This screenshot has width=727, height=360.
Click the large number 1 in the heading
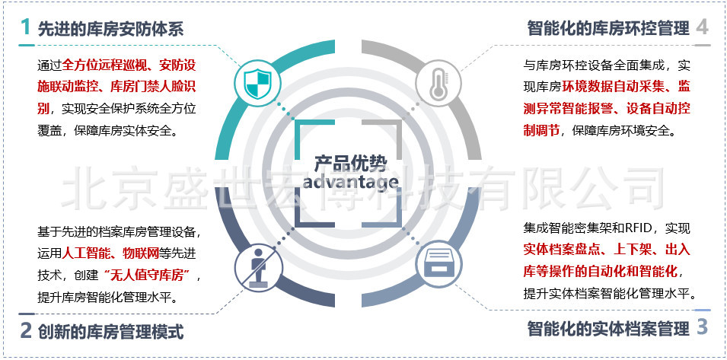pos(25,28)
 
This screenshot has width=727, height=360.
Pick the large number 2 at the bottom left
pos(25,330)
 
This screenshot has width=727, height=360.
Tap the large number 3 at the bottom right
pos(702,328)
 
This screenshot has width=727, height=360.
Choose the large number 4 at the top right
pos(702,27)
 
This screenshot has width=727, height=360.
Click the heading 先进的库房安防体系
pos(111,30)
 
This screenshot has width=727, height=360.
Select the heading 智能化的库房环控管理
pos(607,29)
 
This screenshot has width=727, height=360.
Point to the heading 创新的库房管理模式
pos(111,332)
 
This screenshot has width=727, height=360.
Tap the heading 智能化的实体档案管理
pos(607,330)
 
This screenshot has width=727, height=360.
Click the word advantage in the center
pos(350,182)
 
